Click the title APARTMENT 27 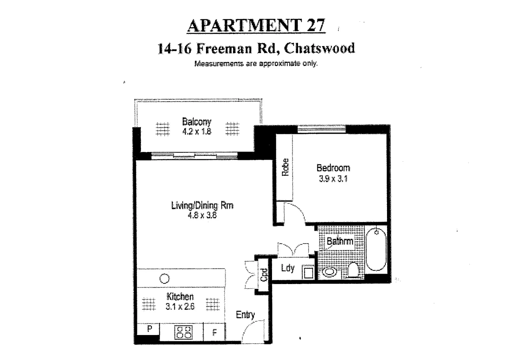tap(256, 26)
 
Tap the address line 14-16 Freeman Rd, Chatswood tap(256, 48)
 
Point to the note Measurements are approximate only tap(256, 63)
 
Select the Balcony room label tap(197, 121)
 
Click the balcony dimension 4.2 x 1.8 tap(197, 131)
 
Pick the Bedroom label tap(333, 168)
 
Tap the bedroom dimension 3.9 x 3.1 tap(333, 179)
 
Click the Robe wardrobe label tap(285, 167)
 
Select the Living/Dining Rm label tap(202, 205)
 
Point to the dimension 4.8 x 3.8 tap(202, 215)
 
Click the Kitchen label tap(180, 296)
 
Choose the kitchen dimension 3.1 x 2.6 tap(180, 306)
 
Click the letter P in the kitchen tap(150, 329)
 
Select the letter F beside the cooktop tap(214, 332)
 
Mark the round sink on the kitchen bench tap(164, 278)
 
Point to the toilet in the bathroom tap(353, 270)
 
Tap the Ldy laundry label tap(287, 268)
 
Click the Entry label tap(245, 314)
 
